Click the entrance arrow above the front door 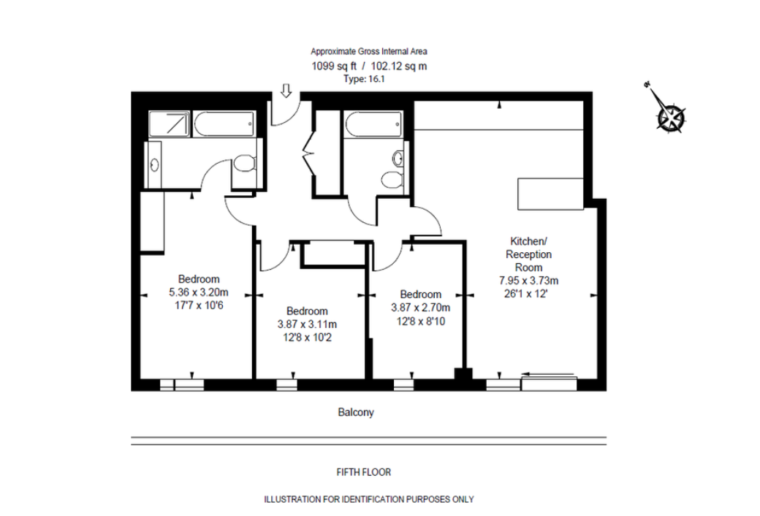point(286,90)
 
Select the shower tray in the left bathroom point(170,124)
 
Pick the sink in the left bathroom point(153,164)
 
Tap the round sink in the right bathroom point(398,158)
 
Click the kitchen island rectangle point(550,193)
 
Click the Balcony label point(356,412)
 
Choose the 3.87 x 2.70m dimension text point(415,307)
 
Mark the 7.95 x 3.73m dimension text point(528,280)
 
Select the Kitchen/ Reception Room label point(528,254)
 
